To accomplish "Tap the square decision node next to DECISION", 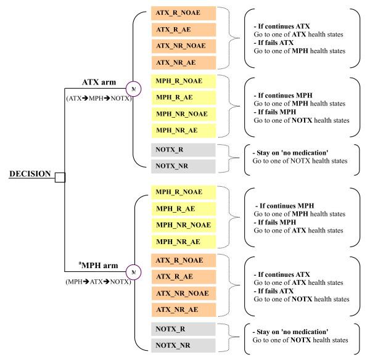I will pos(59,178).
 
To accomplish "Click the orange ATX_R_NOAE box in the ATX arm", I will pos(183,13).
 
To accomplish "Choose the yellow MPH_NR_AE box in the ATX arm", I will pos(183,129).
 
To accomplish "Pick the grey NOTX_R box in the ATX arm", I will pos(183,149).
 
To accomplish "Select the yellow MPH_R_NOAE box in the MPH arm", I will pos(183,193).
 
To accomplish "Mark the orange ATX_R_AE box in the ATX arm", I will pos(183,29).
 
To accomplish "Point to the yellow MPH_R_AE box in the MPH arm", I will pos(183,209).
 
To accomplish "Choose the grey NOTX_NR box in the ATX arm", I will pos(183,165).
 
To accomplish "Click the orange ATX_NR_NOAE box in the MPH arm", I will pos(183,293).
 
